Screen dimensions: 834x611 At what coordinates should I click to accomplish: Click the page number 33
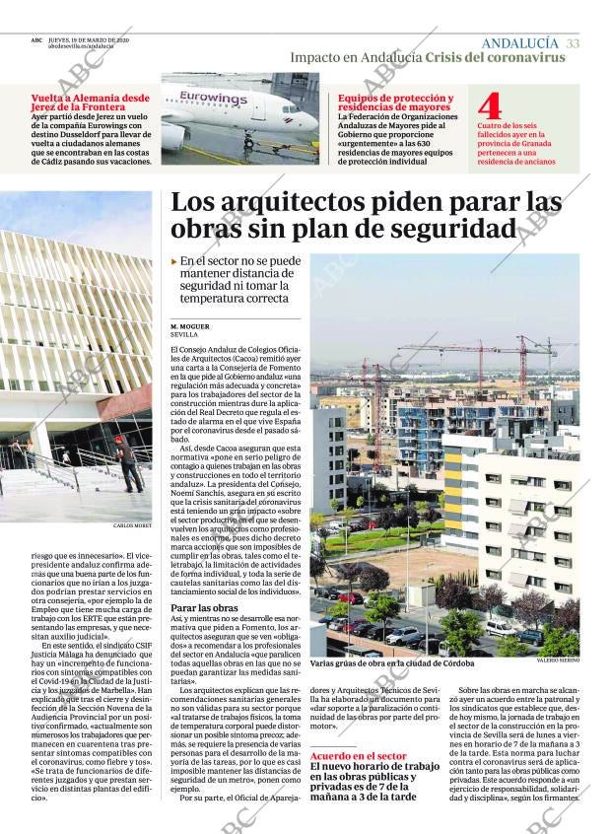point(574,43)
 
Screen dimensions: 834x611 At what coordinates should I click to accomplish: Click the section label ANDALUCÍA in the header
point(519,43)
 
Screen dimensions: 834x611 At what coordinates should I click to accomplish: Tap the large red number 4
point(489,105)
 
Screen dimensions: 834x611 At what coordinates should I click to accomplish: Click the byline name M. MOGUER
point(189,325)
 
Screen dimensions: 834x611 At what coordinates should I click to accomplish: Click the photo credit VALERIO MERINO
point(558,660)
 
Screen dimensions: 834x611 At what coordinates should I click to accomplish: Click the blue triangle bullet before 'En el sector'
point(174,261)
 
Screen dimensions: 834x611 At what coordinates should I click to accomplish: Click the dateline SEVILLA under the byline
point(184,334)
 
